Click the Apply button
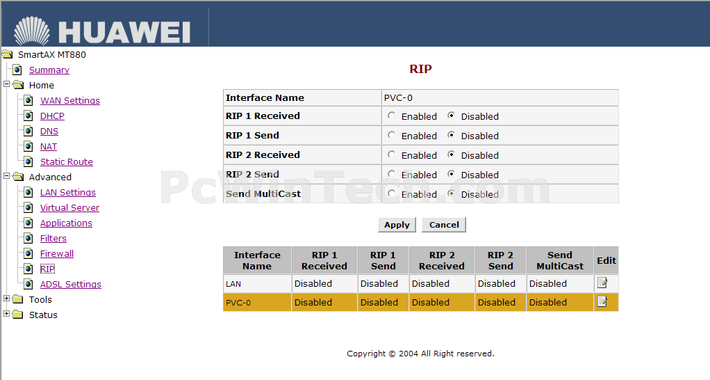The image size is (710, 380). [397, 225]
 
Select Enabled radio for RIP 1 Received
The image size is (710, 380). [391, 116]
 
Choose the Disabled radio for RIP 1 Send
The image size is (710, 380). [451, 135]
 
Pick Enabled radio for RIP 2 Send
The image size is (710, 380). [391, 174]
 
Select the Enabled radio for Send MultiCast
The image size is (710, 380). [391, 193]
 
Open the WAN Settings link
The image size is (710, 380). [69, 101]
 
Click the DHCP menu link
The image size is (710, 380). [52, 116]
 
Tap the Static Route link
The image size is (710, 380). [67, 162]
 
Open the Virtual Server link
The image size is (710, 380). [69, 207]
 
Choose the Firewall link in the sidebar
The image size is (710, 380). [56, 253]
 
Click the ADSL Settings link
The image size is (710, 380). [71, 285]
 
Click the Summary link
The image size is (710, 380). [49, 70]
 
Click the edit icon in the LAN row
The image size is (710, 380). [602, 283]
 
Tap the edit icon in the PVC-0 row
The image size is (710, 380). [602, 301]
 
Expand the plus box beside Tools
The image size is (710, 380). [6, 299]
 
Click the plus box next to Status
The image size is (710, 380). [6, 314]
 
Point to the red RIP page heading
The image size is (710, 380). [421, 69]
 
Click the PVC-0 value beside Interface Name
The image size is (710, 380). [398, 98]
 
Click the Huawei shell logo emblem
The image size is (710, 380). [32, 31]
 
